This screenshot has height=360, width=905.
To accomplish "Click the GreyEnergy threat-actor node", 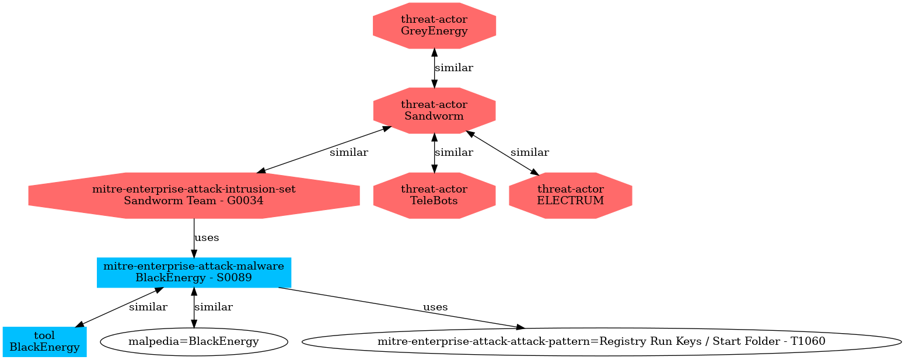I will coord(434,26).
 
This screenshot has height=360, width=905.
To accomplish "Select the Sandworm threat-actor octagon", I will coord(434,110).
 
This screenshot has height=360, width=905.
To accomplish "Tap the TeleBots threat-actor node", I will coord(434,195).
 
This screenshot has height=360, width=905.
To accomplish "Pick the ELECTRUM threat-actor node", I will coord(570,195).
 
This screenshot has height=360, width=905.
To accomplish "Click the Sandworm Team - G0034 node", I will coord(194,195).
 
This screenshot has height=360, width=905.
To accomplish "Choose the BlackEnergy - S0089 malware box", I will coord(194,272).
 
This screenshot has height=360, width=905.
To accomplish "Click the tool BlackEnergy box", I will coord(44,341).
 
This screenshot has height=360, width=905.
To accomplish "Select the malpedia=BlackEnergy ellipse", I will coord(194,341).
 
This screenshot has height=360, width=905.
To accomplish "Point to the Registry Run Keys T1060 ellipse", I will coord(601,341).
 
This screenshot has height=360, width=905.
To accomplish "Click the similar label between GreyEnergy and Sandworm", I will coord(454,68).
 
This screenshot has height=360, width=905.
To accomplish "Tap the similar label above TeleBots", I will coord(454,153).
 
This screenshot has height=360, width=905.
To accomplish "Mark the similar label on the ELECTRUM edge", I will coord(530,153).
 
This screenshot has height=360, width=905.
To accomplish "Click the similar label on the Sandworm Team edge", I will coord(349,153).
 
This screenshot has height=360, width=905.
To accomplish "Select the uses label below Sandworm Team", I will coord(207,238).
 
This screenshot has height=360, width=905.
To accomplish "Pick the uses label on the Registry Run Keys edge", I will coord(435,307).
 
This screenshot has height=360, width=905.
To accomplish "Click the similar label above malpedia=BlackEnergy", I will coord(214,307).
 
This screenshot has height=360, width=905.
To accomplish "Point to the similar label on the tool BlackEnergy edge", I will coord(148,307).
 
